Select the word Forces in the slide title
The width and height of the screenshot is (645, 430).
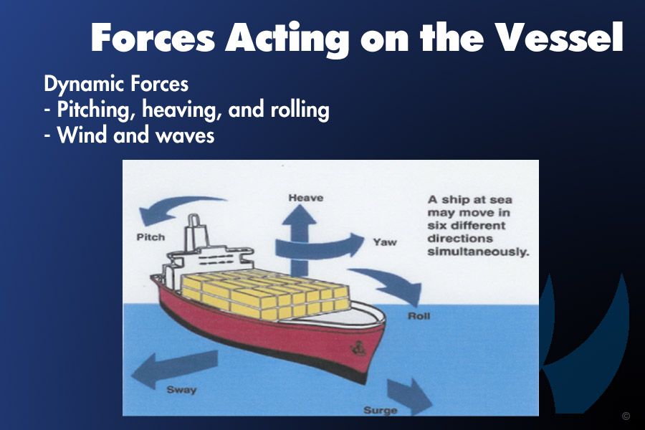click(x=153, y=37)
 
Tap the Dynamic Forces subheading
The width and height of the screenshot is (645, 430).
click(x=116, y=84)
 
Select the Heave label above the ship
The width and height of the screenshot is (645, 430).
click(x=305, y=198)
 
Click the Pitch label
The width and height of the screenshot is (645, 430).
click(x=150, y=237)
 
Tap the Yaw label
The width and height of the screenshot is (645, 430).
click(x=385, y=242)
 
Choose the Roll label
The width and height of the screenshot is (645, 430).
click(x=419, y=316)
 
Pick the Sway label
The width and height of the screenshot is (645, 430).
click(x=181, y=390)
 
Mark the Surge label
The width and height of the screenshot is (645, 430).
click(x=380, y=410)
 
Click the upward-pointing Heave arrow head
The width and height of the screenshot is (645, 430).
click(x=299, y=215)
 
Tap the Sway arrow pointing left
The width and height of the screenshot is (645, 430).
click(x=174, y=368)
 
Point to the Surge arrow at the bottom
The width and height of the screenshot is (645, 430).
click(x=409, y=396)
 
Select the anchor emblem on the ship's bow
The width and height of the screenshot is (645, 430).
click(x=358, y=349)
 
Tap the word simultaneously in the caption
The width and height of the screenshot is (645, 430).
click(x=478, y=252)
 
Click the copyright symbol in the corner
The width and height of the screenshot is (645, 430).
click(x=626, y=416)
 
